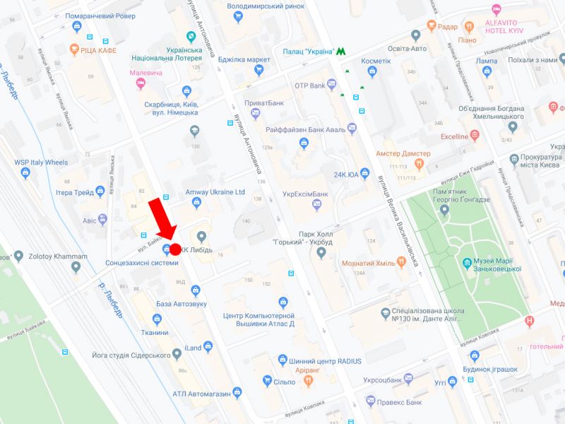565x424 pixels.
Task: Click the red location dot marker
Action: pyautogui.click(x=176, y=249)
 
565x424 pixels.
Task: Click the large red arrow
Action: pyautogui.click(x=161, y=219)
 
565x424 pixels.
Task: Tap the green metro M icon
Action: pyautogui.click(x=342, y=52)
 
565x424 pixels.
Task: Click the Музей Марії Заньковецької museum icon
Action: pyautogui.click(x=467, y=264)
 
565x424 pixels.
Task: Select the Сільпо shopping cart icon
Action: pyautogui.click(x=267, y=381)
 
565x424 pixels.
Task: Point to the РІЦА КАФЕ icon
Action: pyautogui.click(x=75, y=50)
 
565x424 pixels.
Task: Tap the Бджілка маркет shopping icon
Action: pyautogui.click(x=259, y=69)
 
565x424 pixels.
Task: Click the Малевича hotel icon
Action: pyautogui.click(x=140, y=85)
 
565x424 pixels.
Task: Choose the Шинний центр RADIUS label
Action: pyautogui.click(x=325, y=361)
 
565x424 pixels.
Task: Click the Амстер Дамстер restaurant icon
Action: pyautogui.click(x=419, y=164)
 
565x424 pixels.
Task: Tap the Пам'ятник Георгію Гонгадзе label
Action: pyautogui.click(x=461, y=196)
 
